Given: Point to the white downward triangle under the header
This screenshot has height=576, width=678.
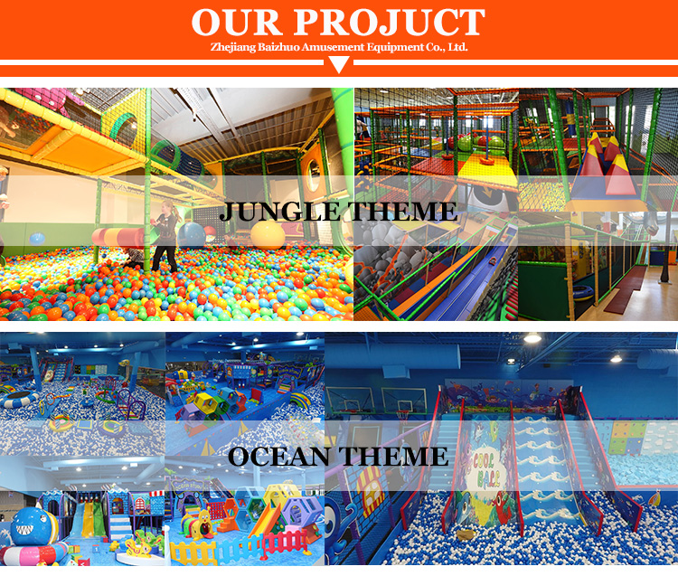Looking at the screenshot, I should [x=338, y=63].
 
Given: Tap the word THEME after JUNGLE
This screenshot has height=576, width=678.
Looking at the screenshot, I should [x=399, y=212].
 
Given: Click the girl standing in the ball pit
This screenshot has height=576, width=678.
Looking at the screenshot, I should [x=165, y=237].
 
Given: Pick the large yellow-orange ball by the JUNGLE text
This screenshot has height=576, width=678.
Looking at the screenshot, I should [x=267, y=235].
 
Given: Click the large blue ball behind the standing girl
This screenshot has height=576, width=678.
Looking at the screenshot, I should [x=192, y=234].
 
